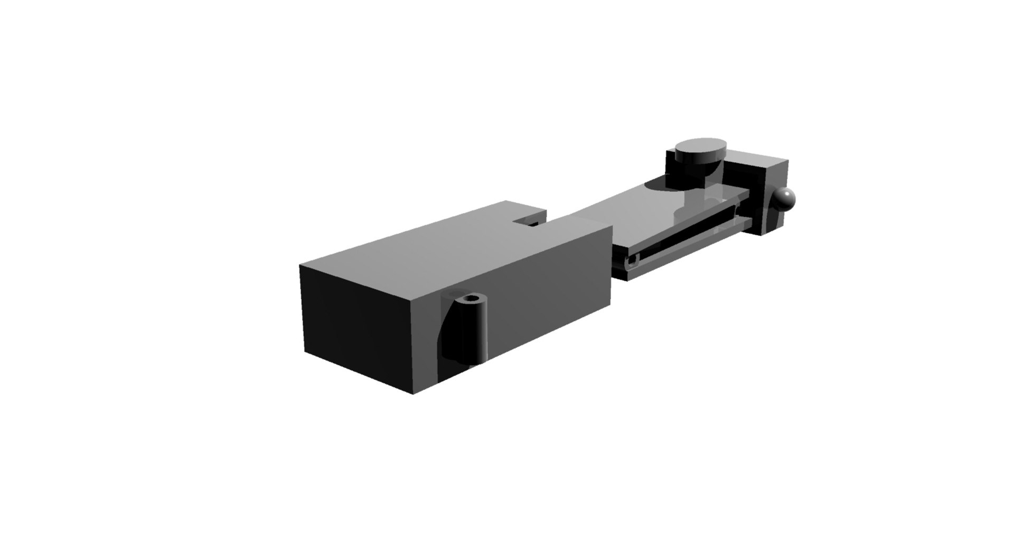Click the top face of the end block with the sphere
(x=758, y=158)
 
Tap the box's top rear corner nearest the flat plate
(x=612, y=226)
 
